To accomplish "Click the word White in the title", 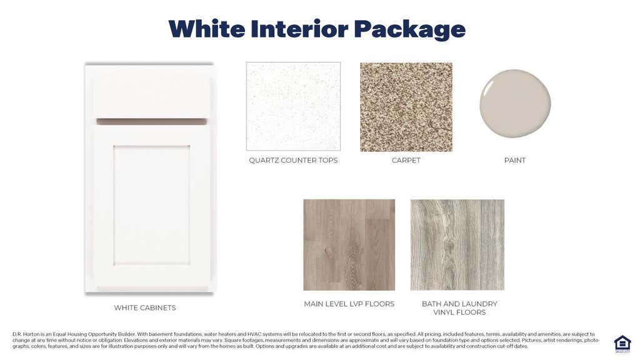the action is pos(206,29).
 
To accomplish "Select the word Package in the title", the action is pos(409,29).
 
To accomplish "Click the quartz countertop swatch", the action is pos(293,106).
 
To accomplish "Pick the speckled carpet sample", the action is pos(406,107).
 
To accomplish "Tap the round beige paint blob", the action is pos(515,104).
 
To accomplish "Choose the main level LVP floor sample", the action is pos(349,245).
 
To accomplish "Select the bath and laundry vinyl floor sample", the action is pos(457,245).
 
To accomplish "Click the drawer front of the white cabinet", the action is pos(151,97).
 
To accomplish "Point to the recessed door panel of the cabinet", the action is pos(151,205).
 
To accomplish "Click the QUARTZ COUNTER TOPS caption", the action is pos(293,161).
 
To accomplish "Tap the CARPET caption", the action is pos(406,161).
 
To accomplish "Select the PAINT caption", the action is pos(515,161).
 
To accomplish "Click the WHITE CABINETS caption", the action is pos(145,307).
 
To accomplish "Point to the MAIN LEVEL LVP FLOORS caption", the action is pos(349,304).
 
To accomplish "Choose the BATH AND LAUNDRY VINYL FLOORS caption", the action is pos(459,308).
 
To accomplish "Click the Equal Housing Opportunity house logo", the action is pos(622,344).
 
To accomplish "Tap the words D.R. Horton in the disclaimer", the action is pos(26,334).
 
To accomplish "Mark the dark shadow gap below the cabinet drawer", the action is pos(151,122).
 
